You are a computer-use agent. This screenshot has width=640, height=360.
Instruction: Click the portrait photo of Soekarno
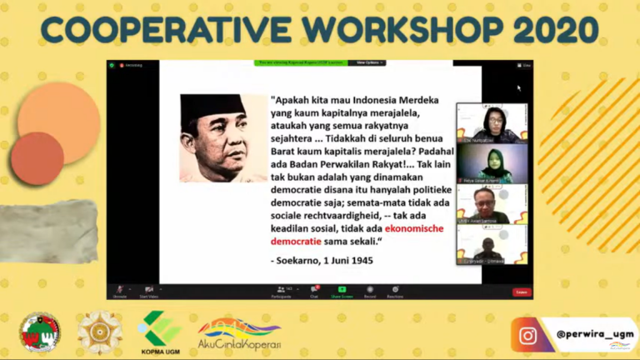point(223,137)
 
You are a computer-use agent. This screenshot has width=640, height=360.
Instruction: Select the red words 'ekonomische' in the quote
point(414,227)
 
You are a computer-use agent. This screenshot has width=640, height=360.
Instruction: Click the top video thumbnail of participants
point(492,122)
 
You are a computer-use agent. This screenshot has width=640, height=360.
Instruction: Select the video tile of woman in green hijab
point(492,163)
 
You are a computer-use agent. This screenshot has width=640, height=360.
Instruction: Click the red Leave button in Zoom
point(521,292)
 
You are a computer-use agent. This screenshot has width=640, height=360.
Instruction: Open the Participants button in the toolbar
point(281,291)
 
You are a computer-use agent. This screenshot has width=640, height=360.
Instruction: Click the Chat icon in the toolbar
point(315,291)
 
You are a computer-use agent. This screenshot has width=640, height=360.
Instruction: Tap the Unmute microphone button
point(119,291)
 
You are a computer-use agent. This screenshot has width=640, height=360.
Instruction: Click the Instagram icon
point(527,335)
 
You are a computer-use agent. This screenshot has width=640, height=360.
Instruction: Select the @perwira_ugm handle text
point(594,334)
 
